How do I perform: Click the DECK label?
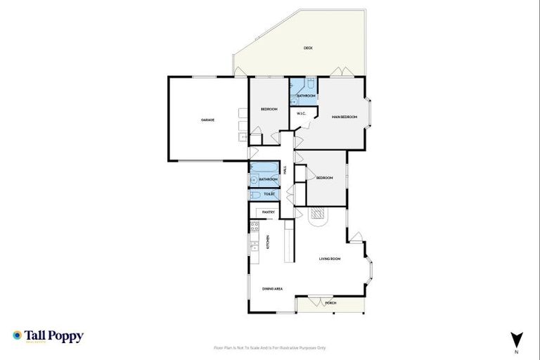pyautogui.click(x=308, y=48)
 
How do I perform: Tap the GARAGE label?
pyautogui.click(x=207, y=120)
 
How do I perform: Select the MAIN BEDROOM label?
pyautogui.click(x=345, y=117)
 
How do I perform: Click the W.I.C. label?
pyautogui.click(x=300, y=113)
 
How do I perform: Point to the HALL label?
pyautogui.click(x=285, y=169)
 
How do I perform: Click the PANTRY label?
pyautogui.click(x=268, y=212)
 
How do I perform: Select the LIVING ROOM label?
pyautogui.click(x=330, y=259)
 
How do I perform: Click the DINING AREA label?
pyautogui.click(x=273, y=288)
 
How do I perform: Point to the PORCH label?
pyautogui.click(x=330, y=303)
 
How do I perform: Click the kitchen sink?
pyautogui.click(x=253, y=247)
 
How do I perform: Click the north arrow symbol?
pyautogui.click(x=517, y=340)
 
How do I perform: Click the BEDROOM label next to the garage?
pyautogui.click(x=269, y=109)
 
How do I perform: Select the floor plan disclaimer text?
pyautogui.click(x=270, y=347)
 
